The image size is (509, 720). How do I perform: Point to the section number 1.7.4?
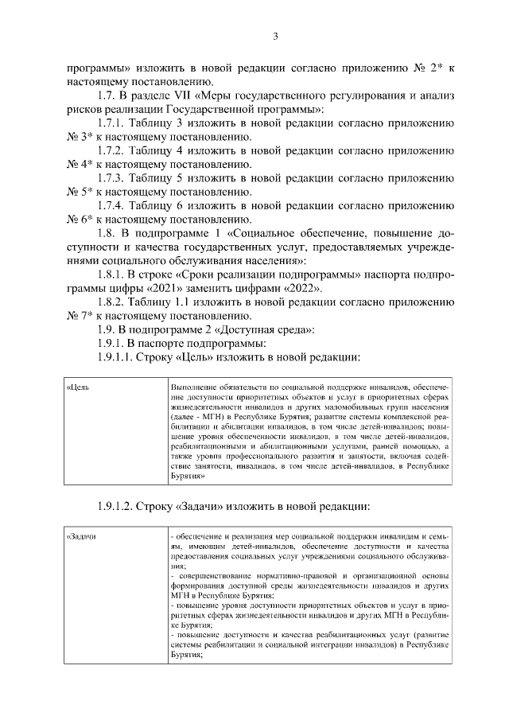pos(113,205)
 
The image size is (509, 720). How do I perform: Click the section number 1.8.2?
pos(113,302)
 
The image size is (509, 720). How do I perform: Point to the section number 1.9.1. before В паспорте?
pos(113,342)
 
